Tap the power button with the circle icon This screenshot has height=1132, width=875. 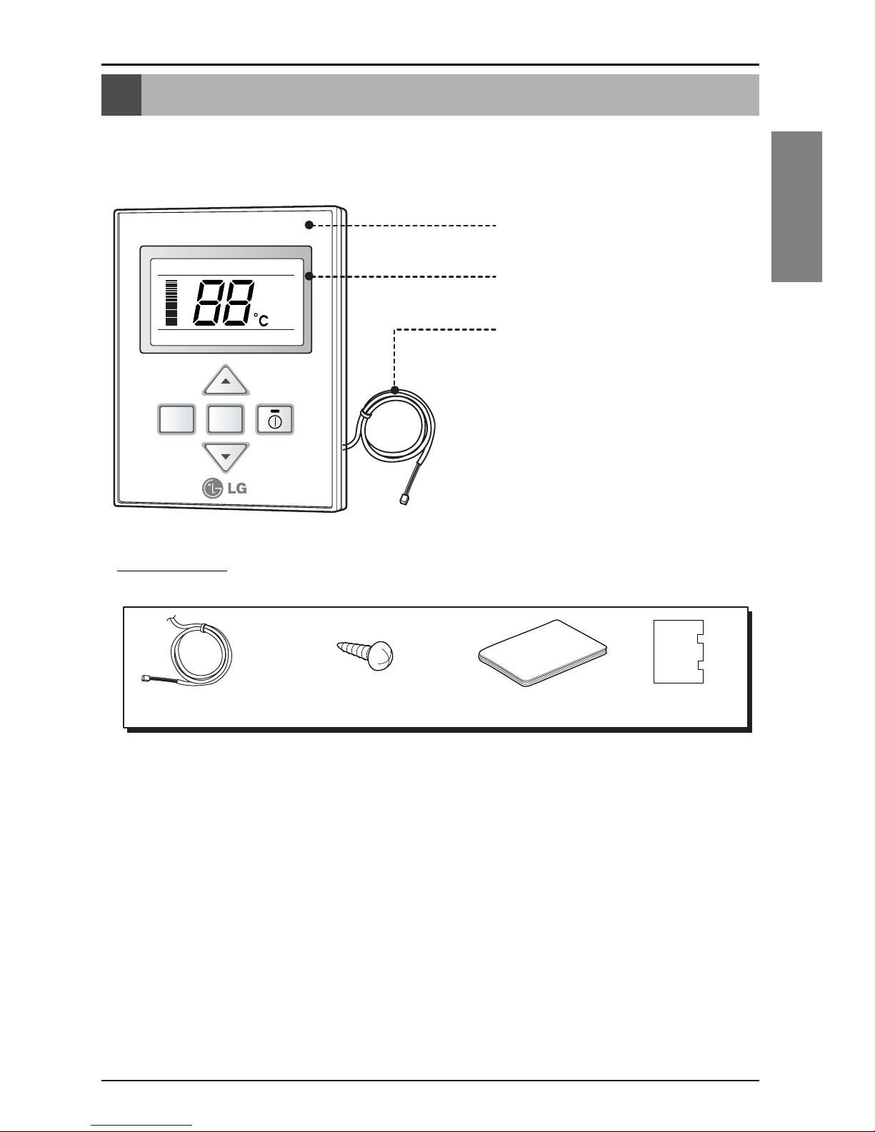point(275,420)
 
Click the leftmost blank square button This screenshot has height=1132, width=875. point(176,420)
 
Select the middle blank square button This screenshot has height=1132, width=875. point(226,420)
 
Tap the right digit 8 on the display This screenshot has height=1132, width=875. point(235,303)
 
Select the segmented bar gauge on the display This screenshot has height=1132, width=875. point(171,303)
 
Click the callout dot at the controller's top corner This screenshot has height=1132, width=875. point(309,225)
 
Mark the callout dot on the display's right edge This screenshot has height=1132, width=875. point(309,276)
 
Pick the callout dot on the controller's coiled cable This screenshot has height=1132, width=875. point(395,391)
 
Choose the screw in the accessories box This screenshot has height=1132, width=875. point(366,655)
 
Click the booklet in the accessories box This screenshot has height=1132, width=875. point(541,654)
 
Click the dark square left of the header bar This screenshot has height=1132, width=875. point(121,95)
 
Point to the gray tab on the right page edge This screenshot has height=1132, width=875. point(796,207)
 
